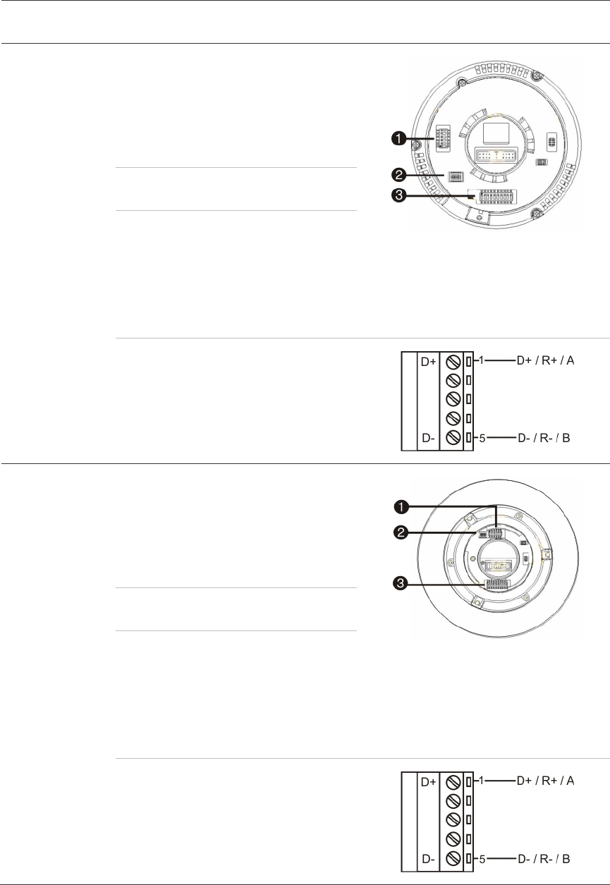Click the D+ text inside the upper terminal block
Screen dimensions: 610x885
tap(428, 362)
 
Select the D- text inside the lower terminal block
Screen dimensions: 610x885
tap(428, 859)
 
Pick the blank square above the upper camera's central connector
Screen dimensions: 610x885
tap(496, 132)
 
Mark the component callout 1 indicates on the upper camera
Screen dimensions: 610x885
tap(443, 139)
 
